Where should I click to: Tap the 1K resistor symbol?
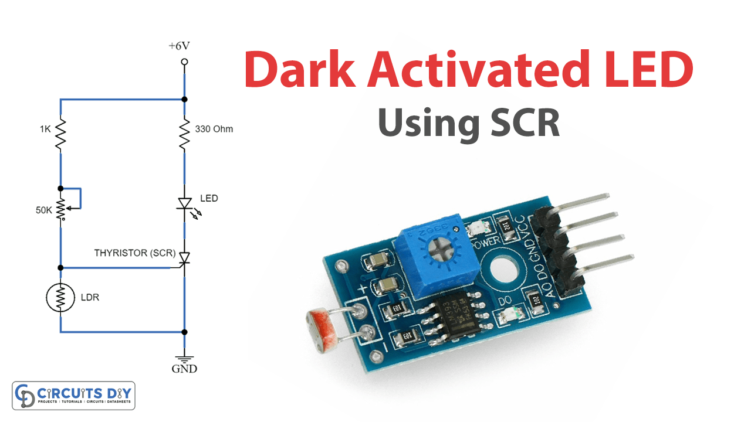[60, 134]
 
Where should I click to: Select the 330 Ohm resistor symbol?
[184, 134]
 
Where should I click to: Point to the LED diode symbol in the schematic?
[184, 203]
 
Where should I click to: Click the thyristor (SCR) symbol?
[184, 258]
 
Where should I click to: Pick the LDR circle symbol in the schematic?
[60, 299]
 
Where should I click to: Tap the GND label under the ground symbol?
[184, 369]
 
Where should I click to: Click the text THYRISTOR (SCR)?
[135, 253]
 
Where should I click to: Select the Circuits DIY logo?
[73, 395]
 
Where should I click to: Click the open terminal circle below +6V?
[184, 62]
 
